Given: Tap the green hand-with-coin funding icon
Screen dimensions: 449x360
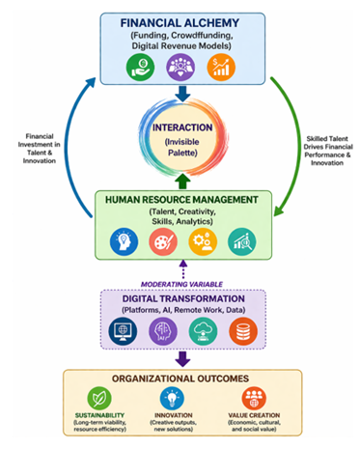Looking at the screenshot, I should point(141,67).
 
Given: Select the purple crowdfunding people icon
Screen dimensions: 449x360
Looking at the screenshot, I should point(180,67).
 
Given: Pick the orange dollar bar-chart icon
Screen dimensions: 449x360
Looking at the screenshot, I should point(221,67).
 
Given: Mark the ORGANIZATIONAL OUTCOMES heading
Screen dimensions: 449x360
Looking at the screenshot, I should point(180,379).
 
